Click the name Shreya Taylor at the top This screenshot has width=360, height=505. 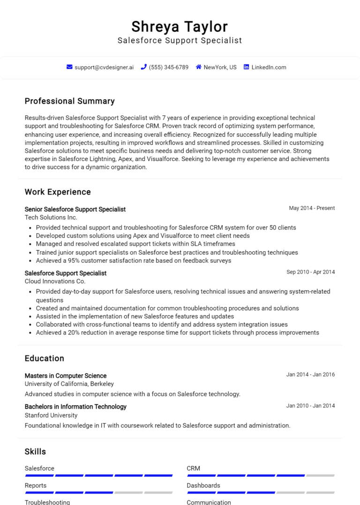[x=180, y=26]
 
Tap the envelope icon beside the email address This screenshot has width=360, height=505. [x=69, y=67]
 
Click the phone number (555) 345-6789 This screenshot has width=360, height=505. [x=168, y=67]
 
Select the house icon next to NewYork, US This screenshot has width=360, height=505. [x=199, y=67]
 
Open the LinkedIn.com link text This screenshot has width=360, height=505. [x=269, y=67]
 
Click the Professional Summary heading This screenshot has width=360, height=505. [x=69, y=101]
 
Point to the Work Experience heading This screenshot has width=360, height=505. [x=58, y=192]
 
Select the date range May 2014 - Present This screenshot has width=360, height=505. [x=312, y=208]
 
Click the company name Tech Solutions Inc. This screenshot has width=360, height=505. [x=51, y=217]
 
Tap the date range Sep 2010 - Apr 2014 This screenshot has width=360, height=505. [x=310, y=272]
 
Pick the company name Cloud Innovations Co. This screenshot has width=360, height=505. [x=55, y=282]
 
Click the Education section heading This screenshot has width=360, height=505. [x=44, y=358]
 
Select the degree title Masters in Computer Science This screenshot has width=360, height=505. [x=66, y=376]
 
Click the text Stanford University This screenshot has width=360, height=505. [x=51, y=415]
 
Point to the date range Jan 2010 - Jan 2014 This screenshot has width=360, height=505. [x=310, y=406]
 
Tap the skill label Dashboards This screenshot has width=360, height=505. [x=203, y=485]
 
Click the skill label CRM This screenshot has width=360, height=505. [x=193, y=468]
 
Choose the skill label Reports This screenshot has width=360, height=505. [x=36, y=485]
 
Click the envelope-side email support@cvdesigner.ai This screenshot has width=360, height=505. [x=104, y=67]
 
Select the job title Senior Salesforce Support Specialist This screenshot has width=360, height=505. [x=75, y=209]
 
